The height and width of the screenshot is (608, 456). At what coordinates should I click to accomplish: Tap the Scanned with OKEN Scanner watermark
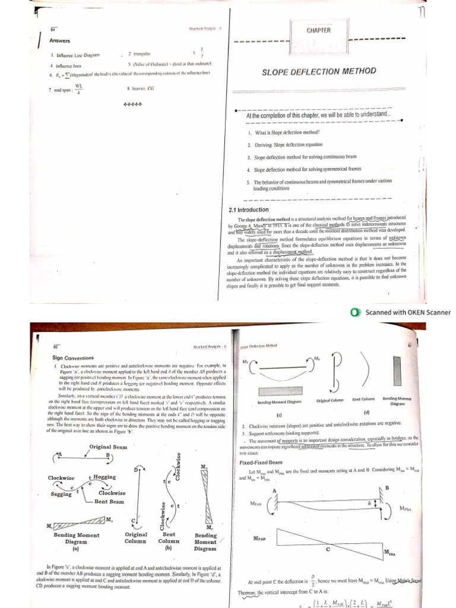(402, 312)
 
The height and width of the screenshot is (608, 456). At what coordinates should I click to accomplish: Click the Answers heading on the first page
(60, 41)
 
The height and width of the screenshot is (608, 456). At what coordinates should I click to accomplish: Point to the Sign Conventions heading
(74, 358)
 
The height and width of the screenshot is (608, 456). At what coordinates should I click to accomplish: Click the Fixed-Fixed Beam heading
(261, 462)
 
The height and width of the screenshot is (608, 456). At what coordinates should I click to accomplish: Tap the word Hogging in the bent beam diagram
(105, 477)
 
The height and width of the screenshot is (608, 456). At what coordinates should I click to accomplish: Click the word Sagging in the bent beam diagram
(61, 493)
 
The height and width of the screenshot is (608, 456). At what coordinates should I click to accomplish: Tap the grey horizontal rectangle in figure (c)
(280, 391)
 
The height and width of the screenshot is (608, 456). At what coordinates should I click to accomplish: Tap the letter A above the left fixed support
(274, 490)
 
